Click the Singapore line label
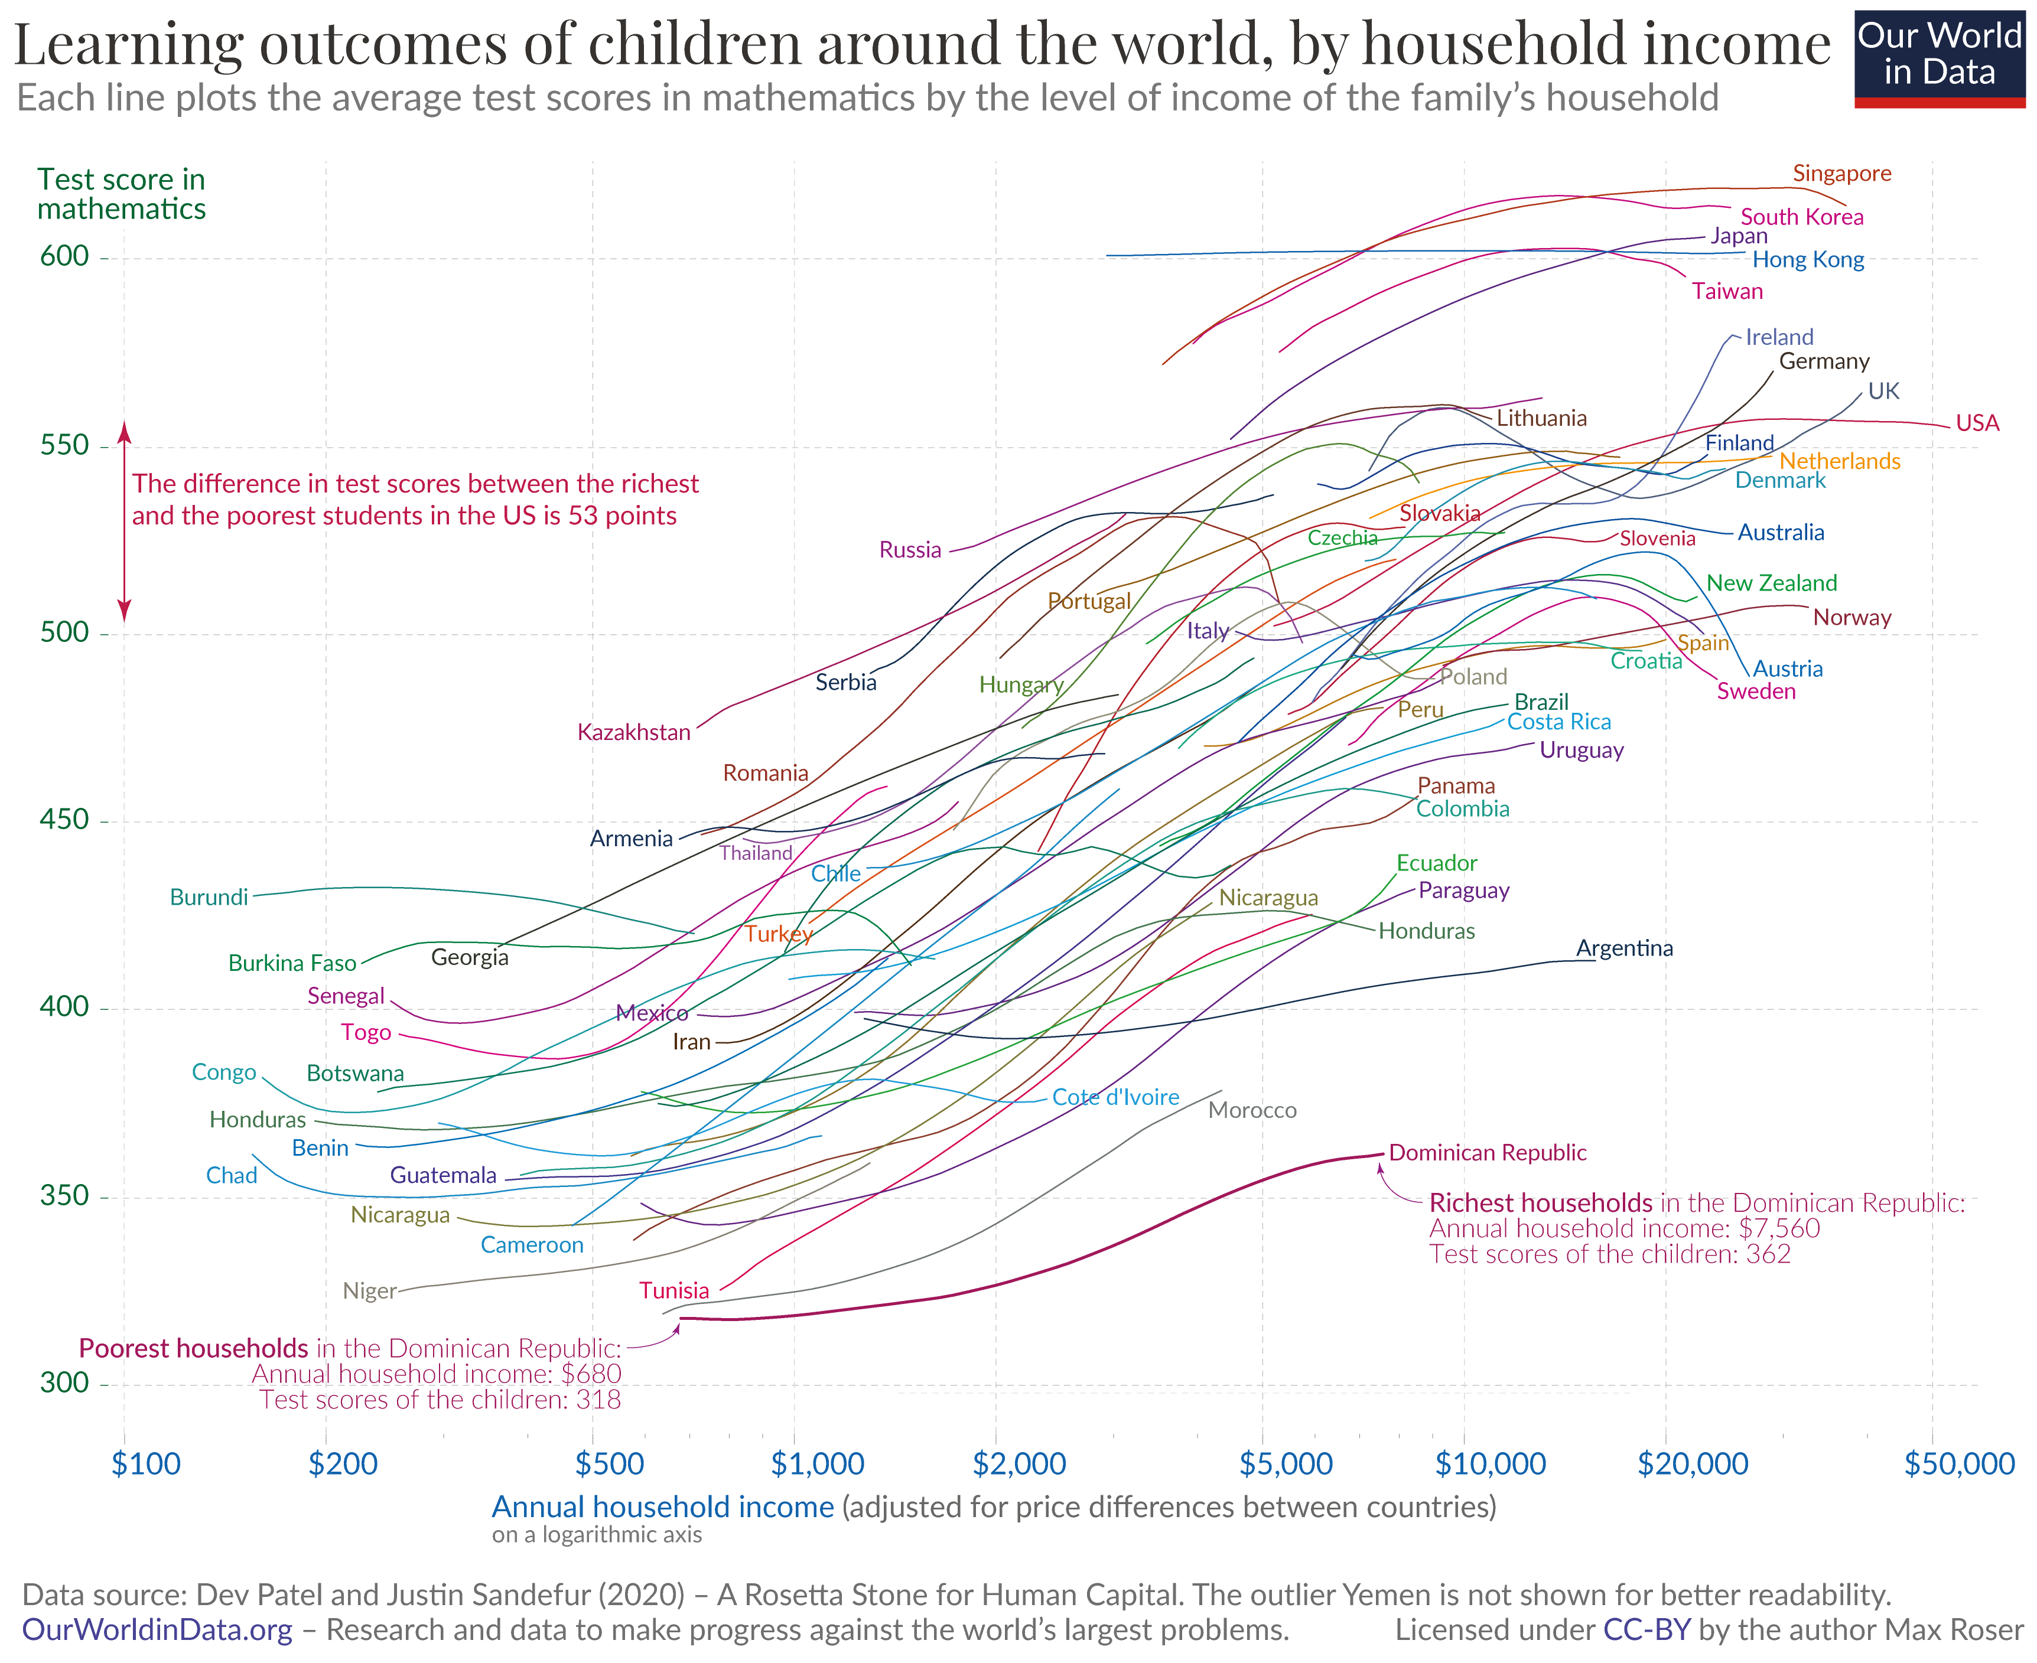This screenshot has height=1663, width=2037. (x=1841, y=174)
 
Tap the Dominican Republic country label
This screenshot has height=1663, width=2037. (x=1487, y=1152)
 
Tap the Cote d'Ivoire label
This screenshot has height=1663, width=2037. (x=1115, y=1097)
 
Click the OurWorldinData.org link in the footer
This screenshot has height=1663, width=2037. (x=157, y=1629)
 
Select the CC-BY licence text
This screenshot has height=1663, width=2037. (x=1646, y=1629)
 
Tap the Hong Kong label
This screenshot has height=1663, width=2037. (x=1807, y=260)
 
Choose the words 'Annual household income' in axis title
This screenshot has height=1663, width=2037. (x=662, y=1507)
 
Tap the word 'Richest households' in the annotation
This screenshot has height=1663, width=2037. (x=1540, y=1203)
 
